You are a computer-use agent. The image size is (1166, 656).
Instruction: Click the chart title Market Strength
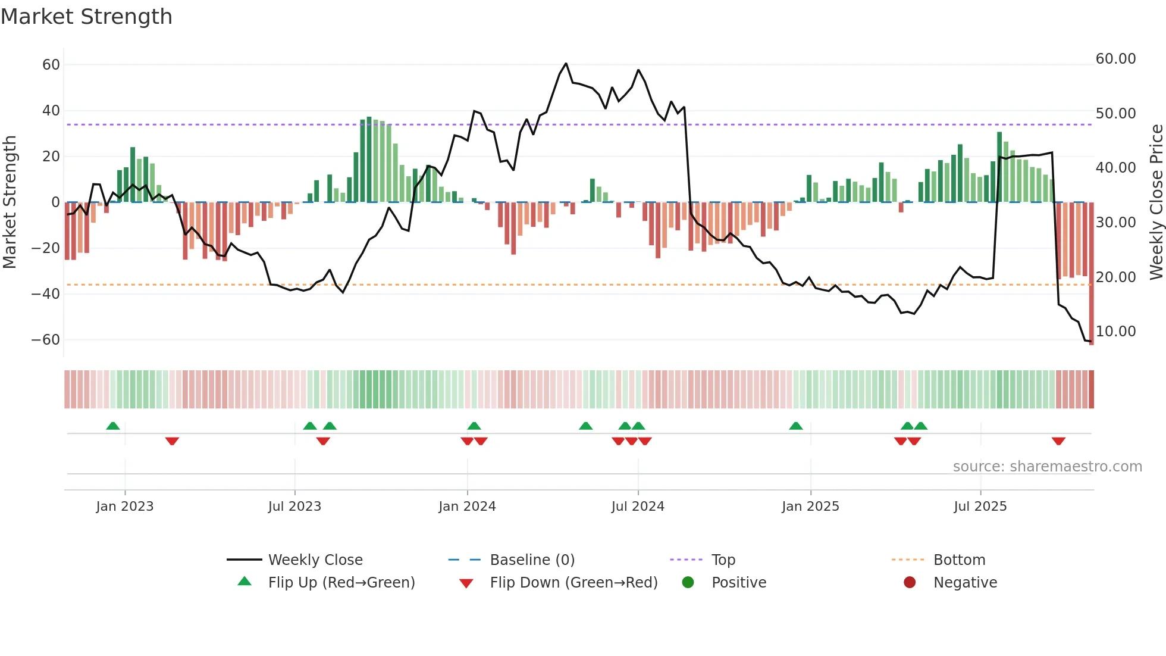click(86, 17)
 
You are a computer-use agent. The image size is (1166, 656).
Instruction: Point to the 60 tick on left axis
click(51, 64)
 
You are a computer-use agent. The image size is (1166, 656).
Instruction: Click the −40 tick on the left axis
click(46, 293)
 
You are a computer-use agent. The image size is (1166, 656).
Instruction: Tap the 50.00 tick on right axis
click(1115, 113)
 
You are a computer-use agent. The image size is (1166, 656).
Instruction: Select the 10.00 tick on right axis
click(1115, 331)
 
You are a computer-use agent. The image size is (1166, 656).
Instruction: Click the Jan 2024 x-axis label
click(467, 506)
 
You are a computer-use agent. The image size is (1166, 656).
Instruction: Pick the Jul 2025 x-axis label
click(980, 506)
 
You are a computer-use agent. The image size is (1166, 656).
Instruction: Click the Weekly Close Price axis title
click(1156, 202)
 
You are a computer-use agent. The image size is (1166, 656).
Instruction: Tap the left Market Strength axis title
click(10, 202)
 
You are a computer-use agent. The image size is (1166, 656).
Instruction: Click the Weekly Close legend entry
click(315, 560)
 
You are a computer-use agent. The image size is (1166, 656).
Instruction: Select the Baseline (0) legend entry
click(532, 560)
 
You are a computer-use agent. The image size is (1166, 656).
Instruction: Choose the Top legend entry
click(723, 560)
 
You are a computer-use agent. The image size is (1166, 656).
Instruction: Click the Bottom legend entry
click(959, 560)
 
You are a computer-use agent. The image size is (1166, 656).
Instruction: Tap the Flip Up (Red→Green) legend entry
click(341, 582)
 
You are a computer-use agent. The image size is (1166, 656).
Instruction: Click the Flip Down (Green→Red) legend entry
click(573, 582)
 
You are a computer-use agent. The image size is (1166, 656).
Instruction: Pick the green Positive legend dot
click(688, 582)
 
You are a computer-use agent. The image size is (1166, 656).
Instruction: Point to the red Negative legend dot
click(910, 582)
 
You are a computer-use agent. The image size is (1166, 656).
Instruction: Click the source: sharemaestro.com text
click(1047, 466)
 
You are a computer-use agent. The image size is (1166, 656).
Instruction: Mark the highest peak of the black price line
click(566, 63)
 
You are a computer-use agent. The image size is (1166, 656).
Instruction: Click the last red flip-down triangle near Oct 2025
click(1058, 441)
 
